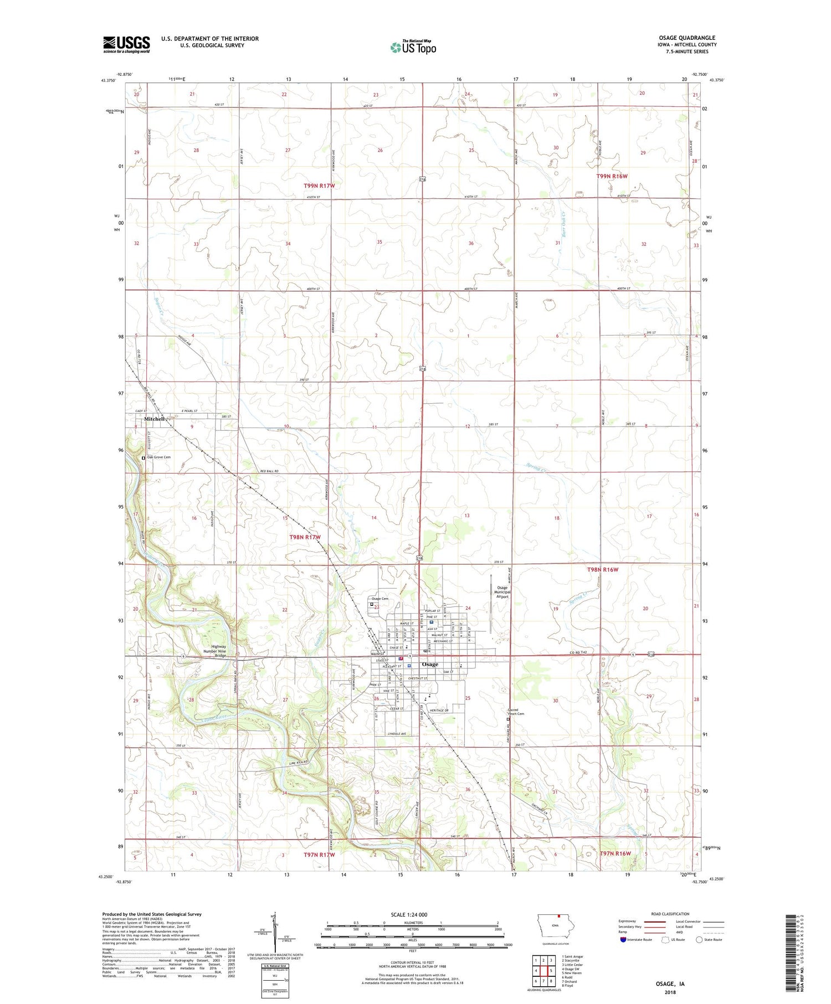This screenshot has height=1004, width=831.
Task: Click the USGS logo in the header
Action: [x=126, y=44]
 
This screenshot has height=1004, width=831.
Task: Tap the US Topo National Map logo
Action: [x=413, y=47]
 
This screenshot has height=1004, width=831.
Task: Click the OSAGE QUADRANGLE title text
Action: [x=687, y=38]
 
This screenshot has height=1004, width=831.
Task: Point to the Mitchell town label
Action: [x=155, y=419]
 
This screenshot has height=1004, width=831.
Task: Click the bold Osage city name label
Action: [x=430, y=664]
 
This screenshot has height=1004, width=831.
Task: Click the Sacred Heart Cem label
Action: [x=516, y=712]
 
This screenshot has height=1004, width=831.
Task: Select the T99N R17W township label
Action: [x=319, y=186]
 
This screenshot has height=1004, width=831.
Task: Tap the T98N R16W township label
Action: [x=602, y=569]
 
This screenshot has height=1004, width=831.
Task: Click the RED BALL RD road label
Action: [x=269, y=471]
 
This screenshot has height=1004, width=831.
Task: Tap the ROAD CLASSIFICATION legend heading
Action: [x=670, y=914]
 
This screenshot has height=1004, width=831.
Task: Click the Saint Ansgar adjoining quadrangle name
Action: [x=572, y=956]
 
